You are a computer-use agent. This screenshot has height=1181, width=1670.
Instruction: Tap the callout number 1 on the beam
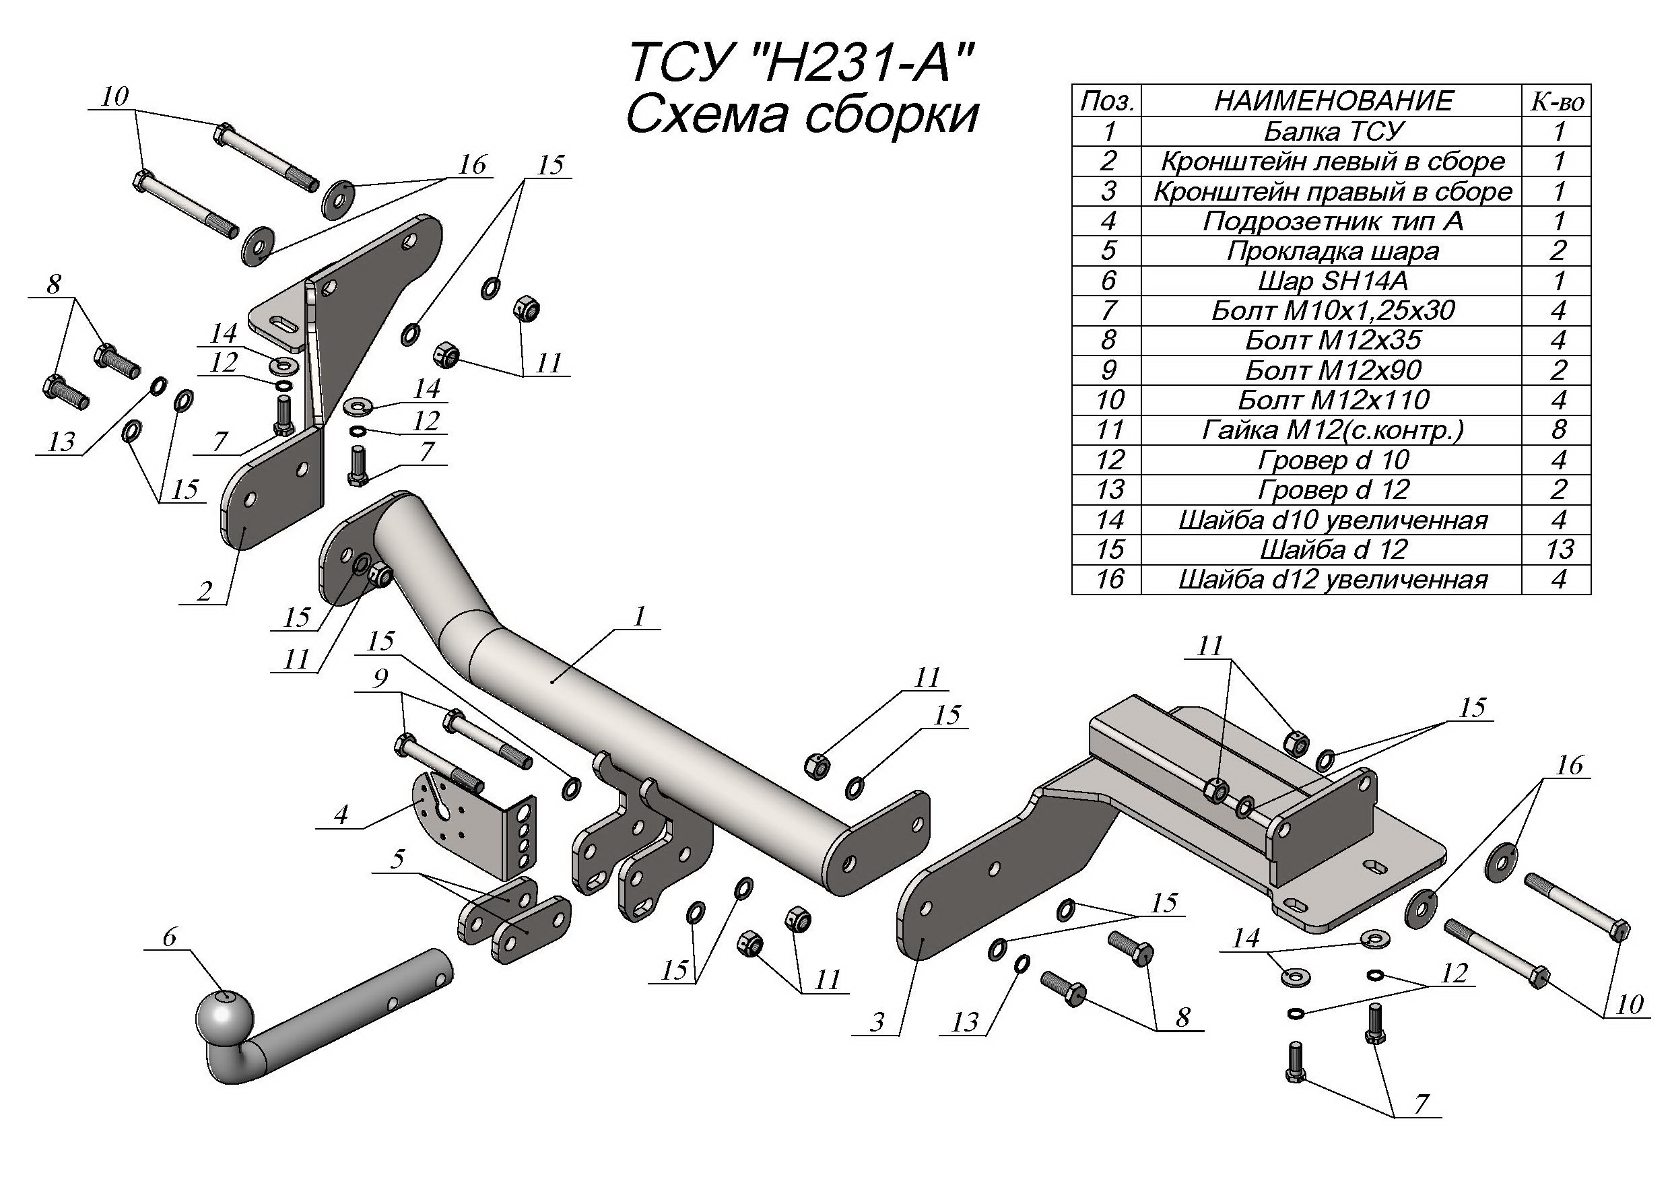(x=639, y=617)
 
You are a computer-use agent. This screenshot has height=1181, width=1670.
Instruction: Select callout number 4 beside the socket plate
(x=341, y=815)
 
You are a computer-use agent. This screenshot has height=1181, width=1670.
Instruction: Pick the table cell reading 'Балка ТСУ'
(x=1333, y=131)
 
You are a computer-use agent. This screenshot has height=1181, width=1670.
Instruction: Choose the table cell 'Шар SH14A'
(x=1333, y=281)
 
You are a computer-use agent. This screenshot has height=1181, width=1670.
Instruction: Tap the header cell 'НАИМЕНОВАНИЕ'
(x=1333, y=101)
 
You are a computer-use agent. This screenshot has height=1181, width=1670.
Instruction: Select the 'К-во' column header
(x=1558, y=101)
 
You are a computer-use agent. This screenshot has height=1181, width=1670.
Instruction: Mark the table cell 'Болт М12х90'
(x=1333, y=370)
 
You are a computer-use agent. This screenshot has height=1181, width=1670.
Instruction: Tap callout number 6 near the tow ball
(x=169, y=937)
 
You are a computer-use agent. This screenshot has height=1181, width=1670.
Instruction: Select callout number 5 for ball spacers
(x=397, y=859)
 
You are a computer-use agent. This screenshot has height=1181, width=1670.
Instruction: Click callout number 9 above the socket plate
(x=380, y=679)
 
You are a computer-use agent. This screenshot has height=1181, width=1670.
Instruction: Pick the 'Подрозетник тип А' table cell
(x=1333, y=221)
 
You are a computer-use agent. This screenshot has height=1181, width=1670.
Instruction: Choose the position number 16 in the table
(x=1109, y=580)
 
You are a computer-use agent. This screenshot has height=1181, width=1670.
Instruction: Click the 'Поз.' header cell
(x=1107, y=101)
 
